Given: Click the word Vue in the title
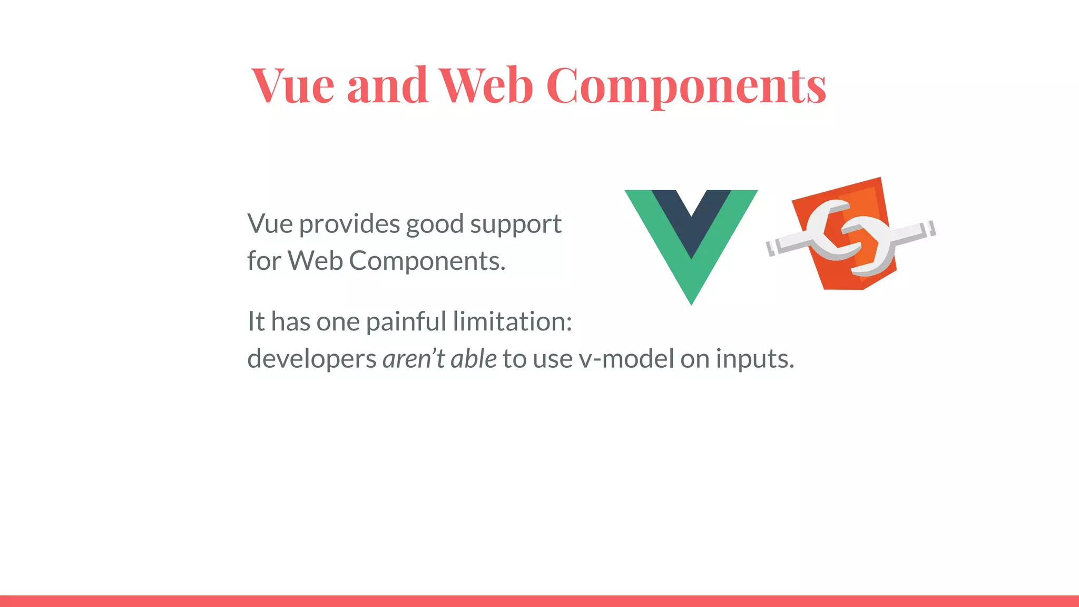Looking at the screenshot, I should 292,85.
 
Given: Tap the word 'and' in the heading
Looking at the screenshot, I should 387,85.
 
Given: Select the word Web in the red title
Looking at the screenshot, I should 486,85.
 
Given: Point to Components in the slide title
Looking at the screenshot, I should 686,87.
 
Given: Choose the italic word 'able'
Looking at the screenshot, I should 474,359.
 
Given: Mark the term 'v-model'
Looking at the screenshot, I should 626,359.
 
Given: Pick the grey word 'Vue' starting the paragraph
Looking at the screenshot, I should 270,224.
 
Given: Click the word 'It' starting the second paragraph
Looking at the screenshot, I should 256,321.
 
